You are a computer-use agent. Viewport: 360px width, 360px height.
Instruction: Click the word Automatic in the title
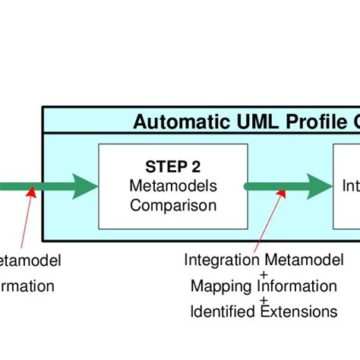pyautogui.click(x=177, y=122)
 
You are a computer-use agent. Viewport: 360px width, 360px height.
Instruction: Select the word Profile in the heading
pyautogui.click(x=311, y=122)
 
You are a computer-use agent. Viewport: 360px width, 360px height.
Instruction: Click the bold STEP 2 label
pyautogui.click(x=172, y=167)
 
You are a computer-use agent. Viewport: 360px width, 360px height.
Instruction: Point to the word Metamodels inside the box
pyautogui.click(x=172, y=186)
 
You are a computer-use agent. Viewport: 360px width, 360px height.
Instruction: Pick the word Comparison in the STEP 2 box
pyautogui.click(x=172, y=204)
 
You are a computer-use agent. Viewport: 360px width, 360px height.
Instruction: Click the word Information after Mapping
pyautogui.click(x=295, y=286)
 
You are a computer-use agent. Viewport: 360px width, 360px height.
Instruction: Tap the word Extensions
pyautogui.click(x=298, y=311)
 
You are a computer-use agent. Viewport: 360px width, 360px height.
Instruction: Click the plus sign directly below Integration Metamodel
pyautogui.click(x=264, y=273)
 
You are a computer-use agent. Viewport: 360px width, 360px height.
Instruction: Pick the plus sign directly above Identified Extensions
pyautogui.click(x=264, y=299)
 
